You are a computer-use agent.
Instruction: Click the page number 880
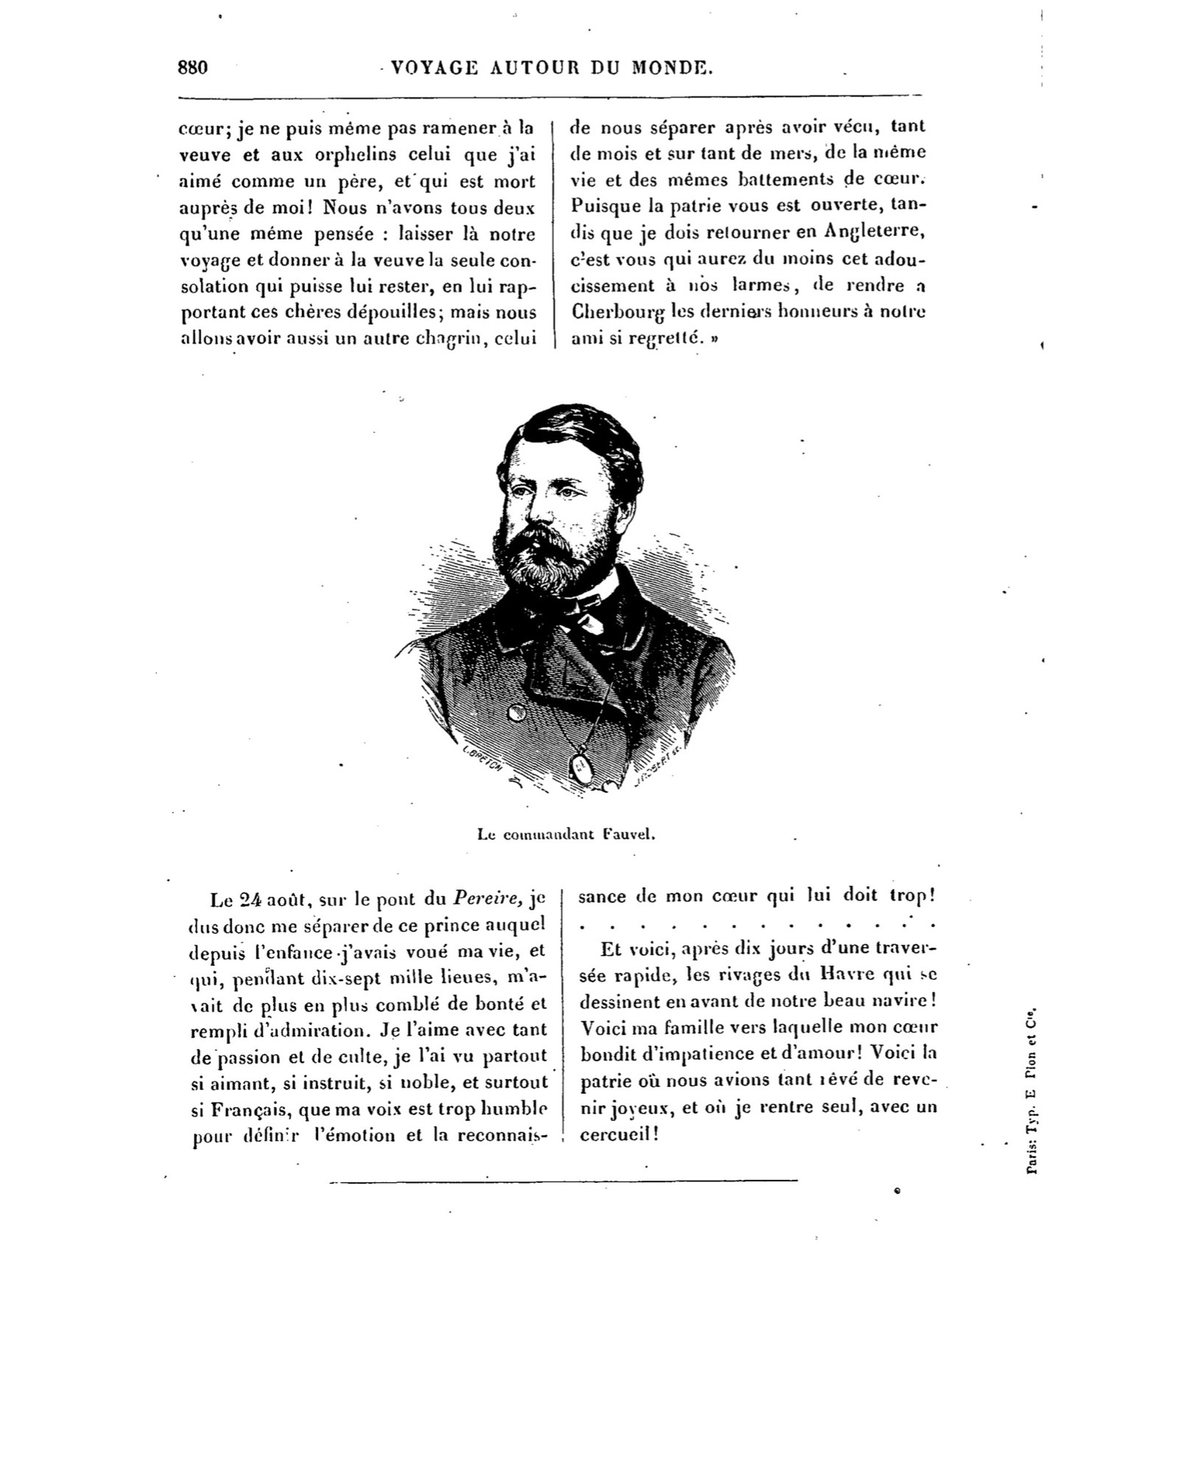[x=193, y=68]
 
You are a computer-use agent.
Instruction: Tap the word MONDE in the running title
[x=672, y=69]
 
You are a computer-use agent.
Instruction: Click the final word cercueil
[x=616, y=1134]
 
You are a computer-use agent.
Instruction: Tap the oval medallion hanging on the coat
[x=581, y=768]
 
